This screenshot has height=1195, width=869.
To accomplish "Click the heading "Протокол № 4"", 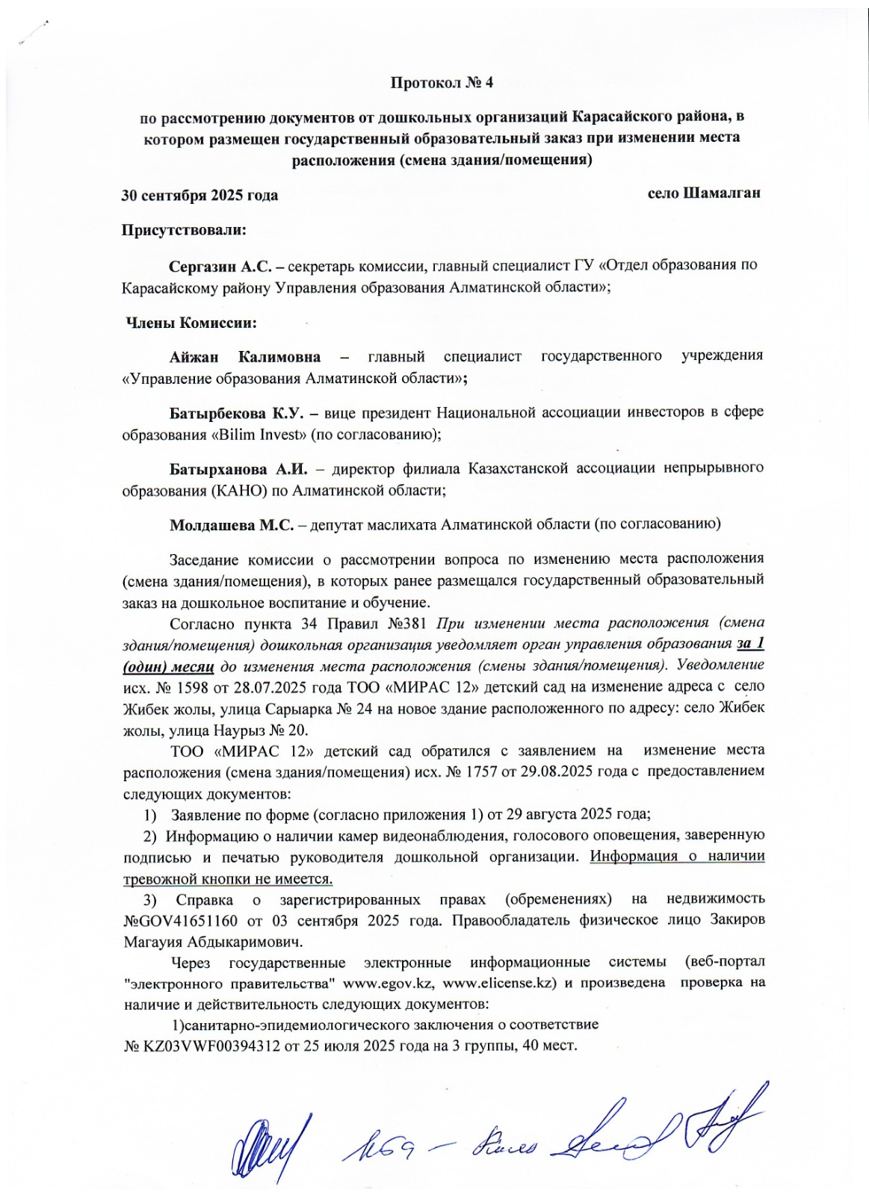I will [442, 82].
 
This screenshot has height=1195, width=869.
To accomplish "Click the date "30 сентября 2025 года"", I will [200, 195].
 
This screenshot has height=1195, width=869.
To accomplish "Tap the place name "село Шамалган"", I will [703, 193].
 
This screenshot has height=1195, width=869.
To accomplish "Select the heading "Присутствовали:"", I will [184, 230].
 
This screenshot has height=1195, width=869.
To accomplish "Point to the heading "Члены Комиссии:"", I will [191, 323].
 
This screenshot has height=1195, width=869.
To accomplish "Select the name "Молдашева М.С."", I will [232, 524].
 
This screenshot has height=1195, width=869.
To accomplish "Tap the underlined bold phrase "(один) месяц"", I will [170, 665].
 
